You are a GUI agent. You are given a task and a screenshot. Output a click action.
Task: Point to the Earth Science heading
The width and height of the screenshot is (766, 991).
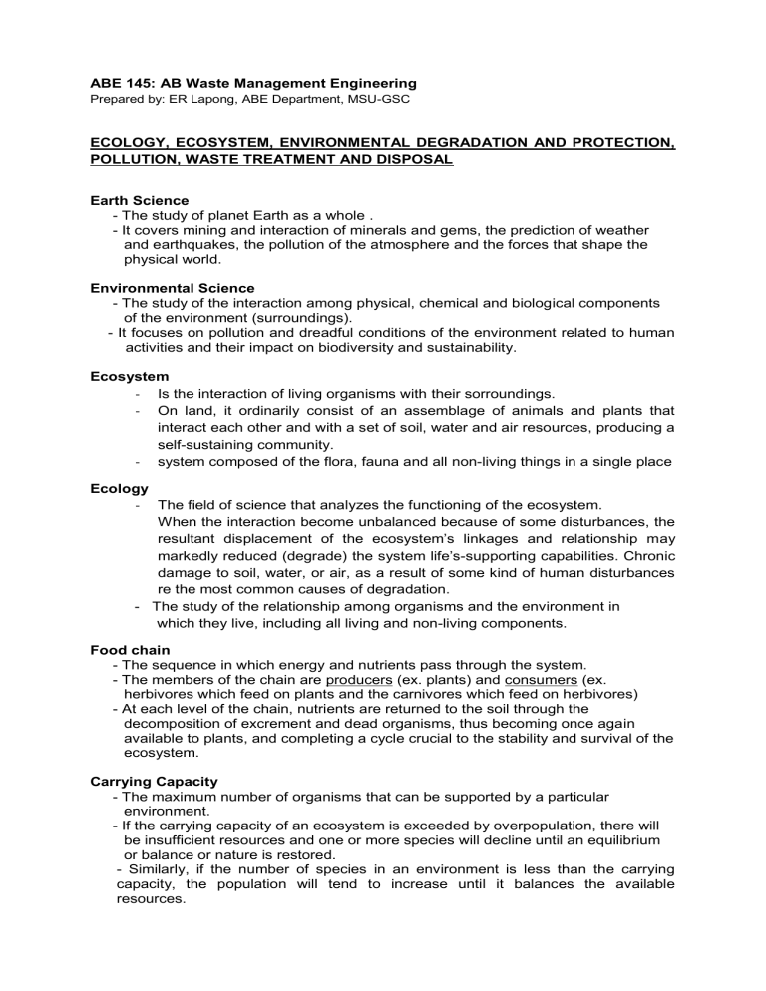[132, 200]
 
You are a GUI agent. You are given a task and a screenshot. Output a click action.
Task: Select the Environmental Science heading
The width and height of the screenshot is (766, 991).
[165, 288]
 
